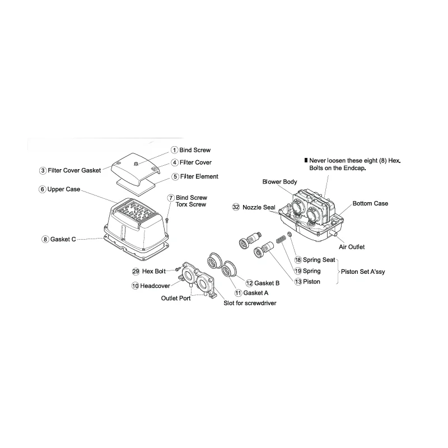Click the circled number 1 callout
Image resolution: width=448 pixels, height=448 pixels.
[x=174, y=150]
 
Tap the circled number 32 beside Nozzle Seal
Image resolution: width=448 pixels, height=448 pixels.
[x=236, y=207]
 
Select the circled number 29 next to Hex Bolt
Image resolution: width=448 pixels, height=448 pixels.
[x=136, y=272]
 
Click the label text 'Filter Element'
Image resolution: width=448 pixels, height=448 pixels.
[x=199, y=176]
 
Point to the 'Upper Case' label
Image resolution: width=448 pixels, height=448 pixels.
[x=64, y=189]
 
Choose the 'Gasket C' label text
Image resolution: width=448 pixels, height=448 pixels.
[x=63, y=240]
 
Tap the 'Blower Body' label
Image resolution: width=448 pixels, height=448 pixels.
[x=279, y=181]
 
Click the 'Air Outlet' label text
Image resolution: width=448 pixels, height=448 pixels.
[x=352, y=247]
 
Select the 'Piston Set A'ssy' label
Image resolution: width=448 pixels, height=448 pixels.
[x=363, y=272]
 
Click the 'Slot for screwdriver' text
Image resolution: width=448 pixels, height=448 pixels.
[x=250, y=303]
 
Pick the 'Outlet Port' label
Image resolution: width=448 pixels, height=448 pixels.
[x=176, y=298]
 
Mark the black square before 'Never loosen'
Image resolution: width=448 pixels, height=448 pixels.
[x=306, y=160]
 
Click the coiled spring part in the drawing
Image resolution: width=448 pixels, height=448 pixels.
[x=281, y=239]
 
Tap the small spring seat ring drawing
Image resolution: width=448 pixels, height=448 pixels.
[x=289, y=235]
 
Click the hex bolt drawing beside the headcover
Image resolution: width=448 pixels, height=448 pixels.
[x=177, y=269]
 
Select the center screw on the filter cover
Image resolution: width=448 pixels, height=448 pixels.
[x=136, y=164]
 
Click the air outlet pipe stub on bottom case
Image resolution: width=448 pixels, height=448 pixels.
[x=333, y=234]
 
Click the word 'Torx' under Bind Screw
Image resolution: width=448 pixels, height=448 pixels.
[x=183, y=204]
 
